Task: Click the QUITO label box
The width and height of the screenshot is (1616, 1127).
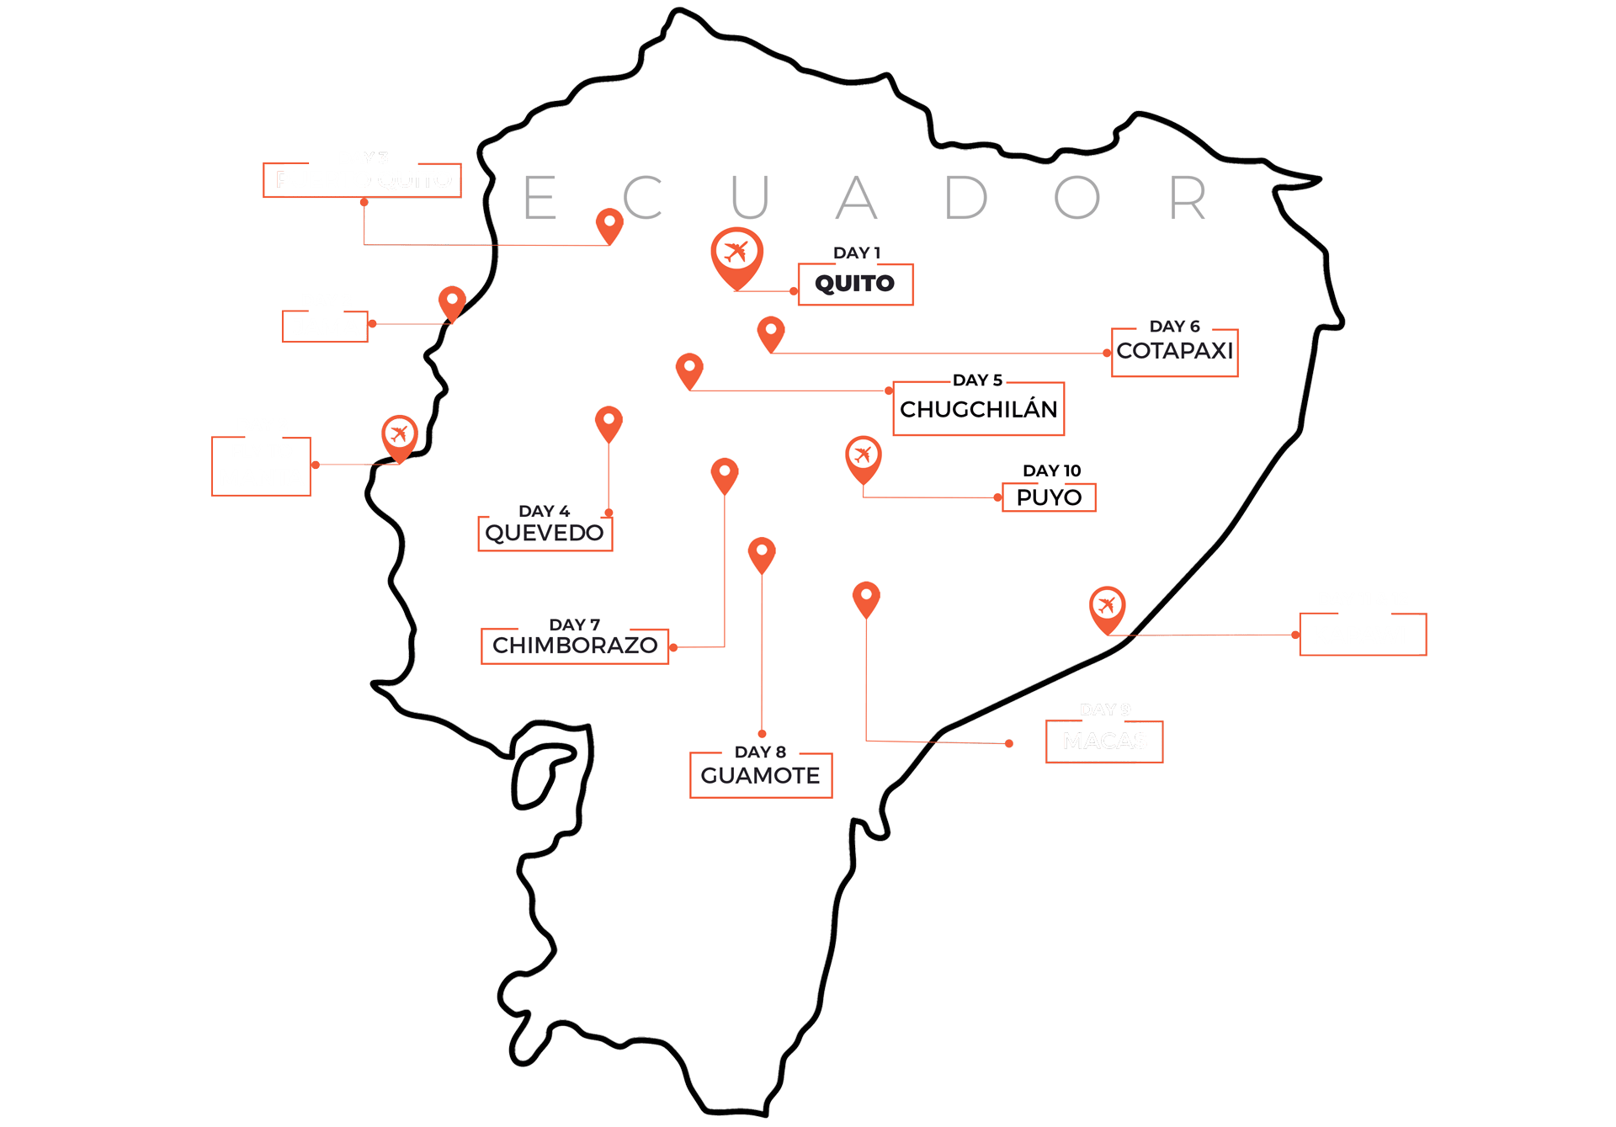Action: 855,284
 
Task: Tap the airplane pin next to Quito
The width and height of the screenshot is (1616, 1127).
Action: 736,254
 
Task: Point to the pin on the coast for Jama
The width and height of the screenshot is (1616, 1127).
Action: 452,301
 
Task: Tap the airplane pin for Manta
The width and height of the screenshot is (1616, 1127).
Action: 399,435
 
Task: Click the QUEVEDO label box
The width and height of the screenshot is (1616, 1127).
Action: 545,534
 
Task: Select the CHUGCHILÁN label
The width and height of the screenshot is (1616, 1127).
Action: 978,410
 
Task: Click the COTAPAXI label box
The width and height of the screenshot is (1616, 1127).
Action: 1174,352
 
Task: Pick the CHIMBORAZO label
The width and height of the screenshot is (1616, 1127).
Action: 575,646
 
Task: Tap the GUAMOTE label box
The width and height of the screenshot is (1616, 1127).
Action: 760,776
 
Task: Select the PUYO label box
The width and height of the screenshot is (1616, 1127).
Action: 1049,497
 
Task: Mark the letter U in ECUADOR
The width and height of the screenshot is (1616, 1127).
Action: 750,198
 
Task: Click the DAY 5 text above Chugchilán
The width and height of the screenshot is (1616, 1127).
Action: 977,380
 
